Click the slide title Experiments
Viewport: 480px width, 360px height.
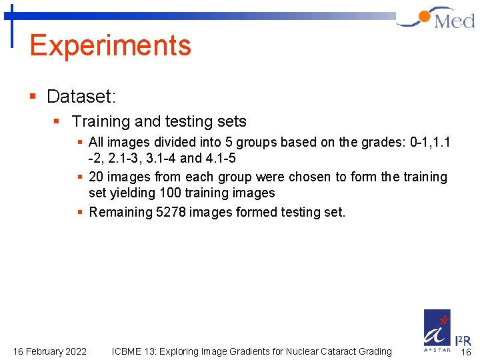110,45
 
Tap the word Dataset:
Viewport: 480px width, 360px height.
81,97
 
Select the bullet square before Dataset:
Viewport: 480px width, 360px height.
33,97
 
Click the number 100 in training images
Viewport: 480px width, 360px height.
171,193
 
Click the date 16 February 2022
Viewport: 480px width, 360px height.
50,351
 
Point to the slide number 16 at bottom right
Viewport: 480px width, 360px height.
466,352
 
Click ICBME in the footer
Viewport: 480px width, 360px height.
127,351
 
